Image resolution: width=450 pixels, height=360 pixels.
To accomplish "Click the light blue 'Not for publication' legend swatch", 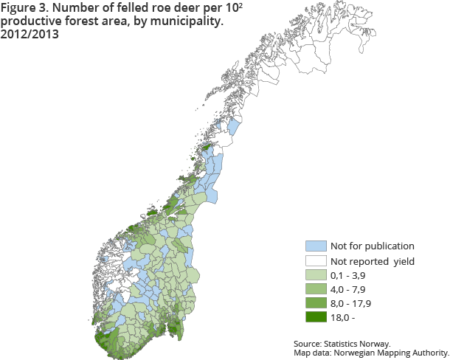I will pyautogui.click(x=315, y=246).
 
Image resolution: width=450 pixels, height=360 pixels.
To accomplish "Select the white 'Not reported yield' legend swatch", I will pyautogui.click(x=315, y=260).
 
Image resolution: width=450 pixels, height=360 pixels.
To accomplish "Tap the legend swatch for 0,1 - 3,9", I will pyautogui.click(x=315, y=274).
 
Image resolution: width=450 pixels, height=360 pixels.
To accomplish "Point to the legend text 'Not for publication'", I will pyautogui.click(x=372, y=246).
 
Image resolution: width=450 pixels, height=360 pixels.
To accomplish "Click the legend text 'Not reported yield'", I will pyautogui.click(x=373, y=260).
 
